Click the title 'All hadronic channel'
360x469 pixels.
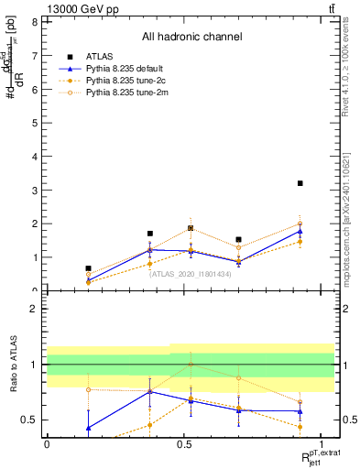point(191,38)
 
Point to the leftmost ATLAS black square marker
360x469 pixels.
point(88,268)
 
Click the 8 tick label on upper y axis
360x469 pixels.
point(34,22)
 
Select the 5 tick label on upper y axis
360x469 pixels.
point(34,123)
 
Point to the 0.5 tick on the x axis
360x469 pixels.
point(184,444)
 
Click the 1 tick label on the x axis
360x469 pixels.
point(322,444)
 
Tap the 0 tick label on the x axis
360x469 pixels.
point(47,444)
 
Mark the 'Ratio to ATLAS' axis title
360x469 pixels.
point(13,365)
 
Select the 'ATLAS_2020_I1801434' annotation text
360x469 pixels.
point(191,273)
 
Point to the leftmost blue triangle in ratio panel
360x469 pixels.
point(88,428)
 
